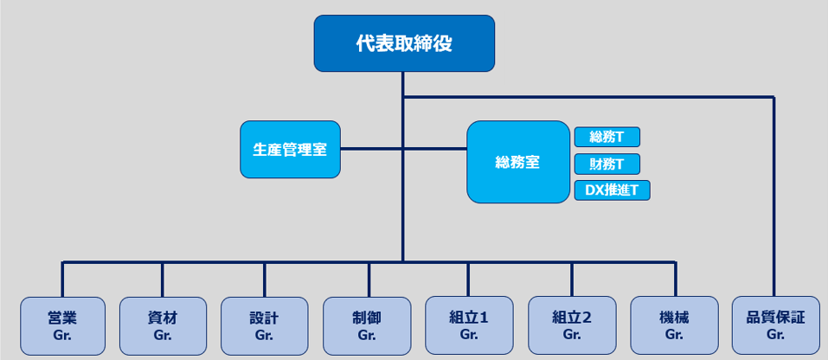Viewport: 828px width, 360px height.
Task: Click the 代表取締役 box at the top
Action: coord(404,43)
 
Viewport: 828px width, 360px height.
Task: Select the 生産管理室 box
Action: coord(290,149)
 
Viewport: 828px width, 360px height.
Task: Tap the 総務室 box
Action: coord(517,162)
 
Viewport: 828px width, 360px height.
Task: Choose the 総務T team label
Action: coord(607,137)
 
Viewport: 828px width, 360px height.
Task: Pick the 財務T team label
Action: coord(607,164)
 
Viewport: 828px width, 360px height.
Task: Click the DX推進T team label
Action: coord(612,190)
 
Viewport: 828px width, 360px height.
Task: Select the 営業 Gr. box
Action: coord(62,326)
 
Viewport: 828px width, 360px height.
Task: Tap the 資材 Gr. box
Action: coord(163,326)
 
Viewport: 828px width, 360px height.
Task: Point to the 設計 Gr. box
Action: coord(264,326)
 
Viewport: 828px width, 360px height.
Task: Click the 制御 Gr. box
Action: coord(367,326)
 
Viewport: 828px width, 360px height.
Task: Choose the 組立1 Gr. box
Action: coord(469,326)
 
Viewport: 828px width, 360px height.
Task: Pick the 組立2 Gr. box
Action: coord(571,326)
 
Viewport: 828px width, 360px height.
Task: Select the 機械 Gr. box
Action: coord(674,326)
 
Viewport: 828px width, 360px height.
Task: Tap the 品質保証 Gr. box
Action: coord(774,326)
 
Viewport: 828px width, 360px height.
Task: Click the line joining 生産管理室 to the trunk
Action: coord(371,149)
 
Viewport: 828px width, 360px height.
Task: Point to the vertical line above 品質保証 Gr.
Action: coord(774,199)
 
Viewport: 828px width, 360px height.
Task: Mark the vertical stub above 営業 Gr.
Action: coord(62,279)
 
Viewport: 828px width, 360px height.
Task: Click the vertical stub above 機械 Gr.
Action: coord(675,279)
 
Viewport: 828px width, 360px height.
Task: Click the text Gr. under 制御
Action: coord(367,335)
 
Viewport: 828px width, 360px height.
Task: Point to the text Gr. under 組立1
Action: coord(469,335)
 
